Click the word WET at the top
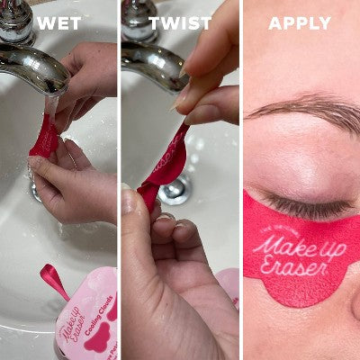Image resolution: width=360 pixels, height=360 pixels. (59, 23)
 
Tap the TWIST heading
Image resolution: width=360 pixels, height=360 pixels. (180, 23)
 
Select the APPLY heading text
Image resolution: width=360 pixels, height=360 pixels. (300, 23)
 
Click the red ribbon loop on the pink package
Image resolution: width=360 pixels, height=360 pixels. (53, 280)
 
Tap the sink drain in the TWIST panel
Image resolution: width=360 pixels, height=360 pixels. (175, 189)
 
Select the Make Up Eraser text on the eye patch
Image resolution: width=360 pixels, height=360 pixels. (292, 251)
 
